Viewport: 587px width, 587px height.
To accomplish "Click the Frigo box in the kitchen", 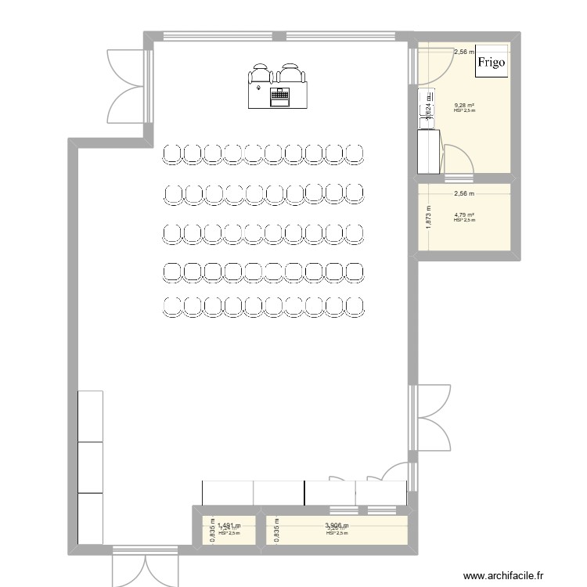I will [492, 62].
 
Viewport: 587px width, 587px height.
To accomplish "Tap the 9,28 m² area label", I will [465, 106].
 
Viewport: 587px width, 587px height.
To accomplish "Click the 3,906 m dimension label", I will [337, 526].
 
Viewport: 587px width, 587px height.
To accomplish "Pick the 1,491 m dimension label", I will [229, 526].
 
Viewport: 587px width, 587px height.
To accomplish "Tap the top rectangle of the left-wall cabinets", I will [91, 416].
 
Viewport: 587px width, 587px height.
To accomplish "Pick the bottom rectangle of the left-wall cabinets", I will [91, 518].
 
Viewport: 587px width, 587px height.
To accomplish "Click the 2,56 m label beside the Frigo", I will [463, 52].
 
